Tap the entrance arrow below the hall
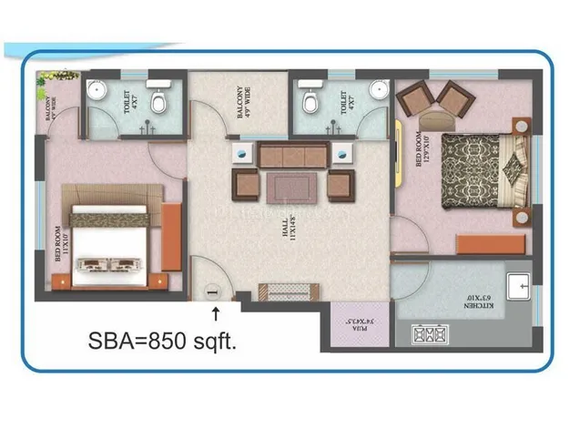coord(216,314)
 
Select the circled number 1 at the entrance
coord(211,291)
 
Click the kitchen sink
coord(522,286)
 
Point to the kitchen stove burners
coord(426,334)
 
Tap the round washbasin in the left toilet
coord(97,93)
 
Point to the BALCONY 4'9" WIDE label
coord(243,101)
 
